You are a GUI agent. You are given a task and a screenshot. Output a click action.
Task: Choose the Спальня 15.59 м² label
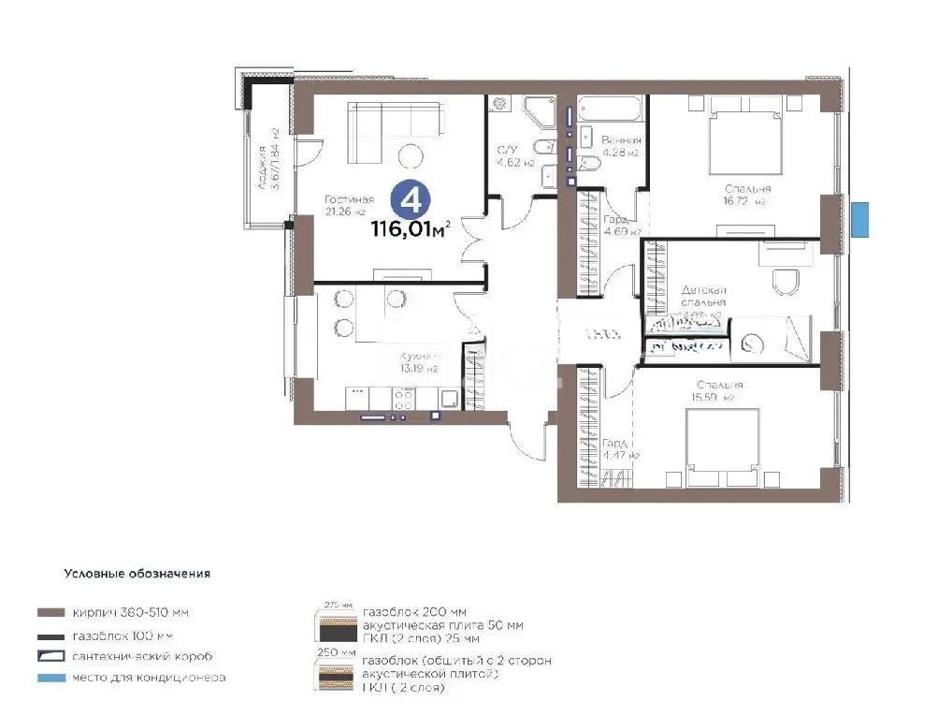pos(719,390)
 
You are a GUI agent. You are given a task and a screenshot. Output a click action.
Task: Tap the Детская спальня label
pos(703,297)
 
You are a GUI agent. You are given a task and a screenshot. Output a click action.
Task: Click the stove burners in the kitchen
pos(405,400)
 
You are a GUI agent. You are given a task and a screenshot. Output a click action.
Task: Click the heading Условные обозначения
pos(137,573)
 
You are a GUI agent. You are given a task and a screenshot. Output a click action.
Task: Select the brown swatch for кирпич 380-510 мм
pos(51,613)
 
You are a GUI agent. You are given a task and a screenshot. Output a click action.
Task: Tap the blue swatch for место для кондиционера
pos(51,677)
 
